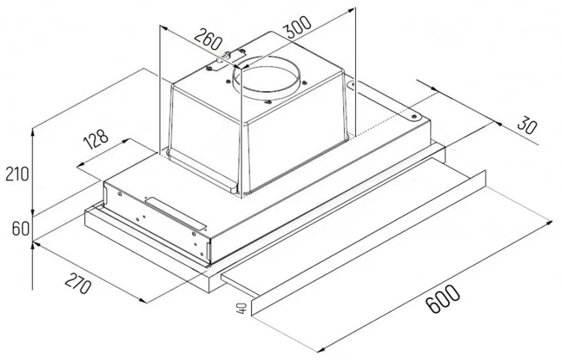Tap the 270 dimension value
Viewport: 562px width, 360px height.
pos(77,283)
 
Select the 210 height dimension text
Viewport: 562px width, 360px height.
pos(17,175)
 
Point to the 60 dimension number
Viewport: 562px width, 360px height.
pos(20,228)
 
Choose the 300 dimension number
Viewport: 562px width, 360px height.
pos(297,27)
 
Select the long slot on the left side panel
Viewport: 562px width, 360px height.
pos(176,213)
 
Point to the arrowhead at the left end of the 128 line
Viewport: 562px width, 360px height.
pos(81,165)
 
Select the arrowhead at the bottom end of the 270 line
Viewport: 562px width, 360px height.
pos(143,300)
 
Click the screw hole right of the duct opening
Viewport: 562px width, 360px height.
pos(304,83)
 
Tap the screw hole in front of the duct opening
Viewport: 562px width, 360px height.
pos(267,102)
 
